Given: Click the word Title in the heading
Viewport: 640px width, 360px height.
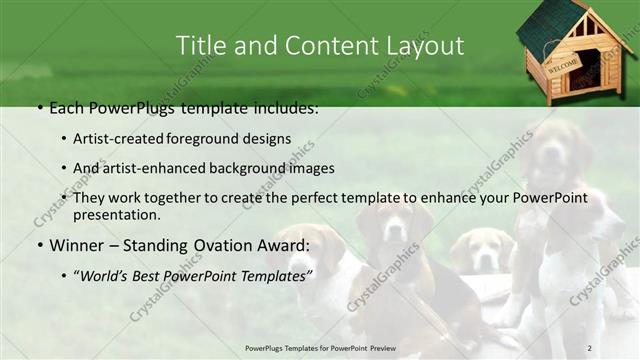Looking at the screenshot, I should coord(198,46).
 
